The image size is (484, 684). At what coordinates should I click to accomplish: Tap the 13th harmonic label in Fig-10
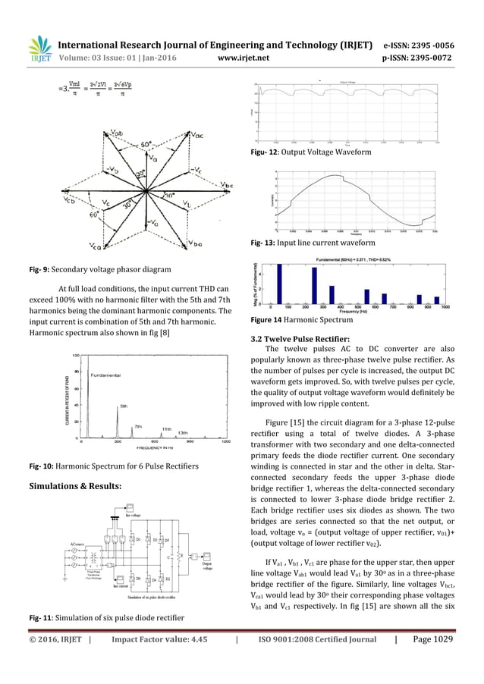(x=182, y=432)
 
